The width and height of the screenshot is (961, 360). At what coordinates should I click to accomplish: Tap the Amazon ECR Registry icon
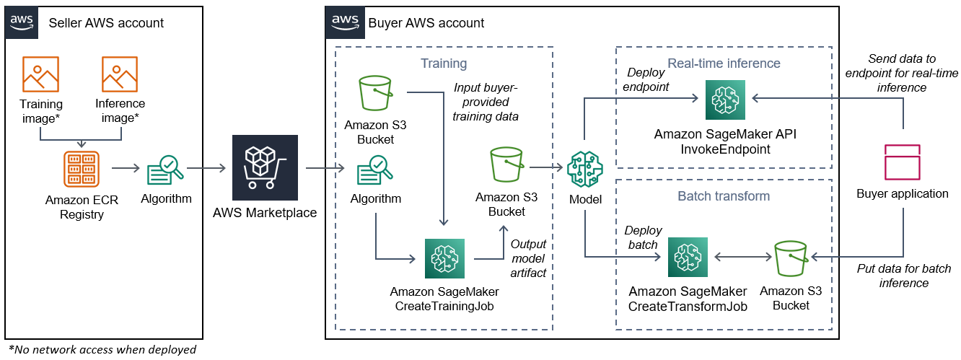pos(80,169)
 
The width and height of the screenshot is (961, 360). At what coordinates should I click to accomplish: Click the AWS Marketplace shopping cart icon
pos(265,167)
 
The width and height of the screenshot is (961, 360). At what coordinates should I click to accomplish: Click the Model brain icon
pos(584,170)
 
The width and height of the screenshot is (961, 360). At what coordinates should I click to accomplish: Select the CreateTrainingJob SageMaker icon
pos(445,258)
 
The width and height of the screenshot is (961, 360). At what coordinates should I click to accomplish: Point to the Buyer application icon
pos(902,162)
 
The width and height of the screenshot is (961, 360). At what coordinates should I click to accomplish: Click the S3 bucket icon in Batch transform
pos(790,258)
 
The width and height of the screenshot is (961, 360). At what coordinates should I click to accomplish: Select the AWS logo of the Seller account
pos(23,22)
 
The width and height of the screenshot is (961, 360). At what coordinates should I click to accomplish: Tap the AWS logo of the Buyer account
pos(343,22)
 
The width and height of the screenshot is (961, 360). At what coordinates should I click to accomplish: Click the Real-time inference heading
pos(724,63)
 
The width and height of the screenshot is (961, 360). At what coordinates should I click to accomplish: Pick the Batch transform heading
pos(724,196)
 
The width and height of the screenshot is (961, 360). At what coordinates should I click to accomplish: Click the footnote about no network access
pos(102,350)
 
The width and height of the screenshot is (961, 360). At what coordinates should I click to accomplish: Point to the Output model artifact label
pos(528,259)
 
